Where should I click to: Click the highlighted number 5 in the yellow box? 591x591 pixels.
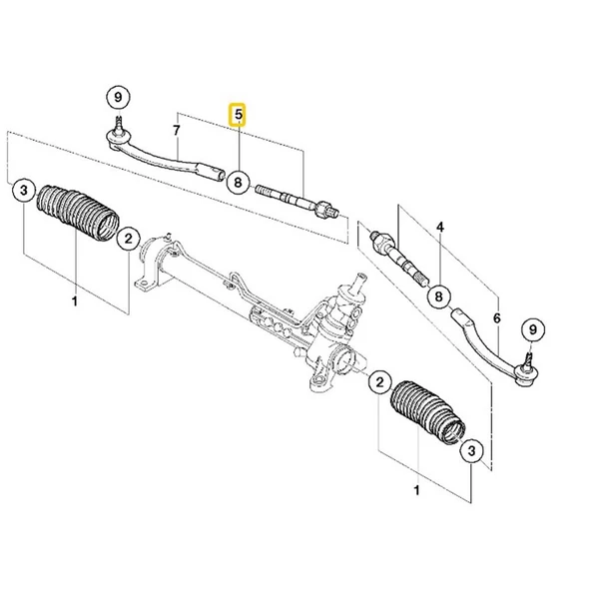[x=238, y=116]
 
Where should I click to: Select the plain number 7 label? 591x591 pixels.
[x=176, y=130]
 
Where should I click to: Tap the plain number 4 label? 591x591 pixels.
[x=438, y=227]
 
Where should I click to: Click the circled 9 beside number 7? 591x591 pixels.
[x=118, y=97]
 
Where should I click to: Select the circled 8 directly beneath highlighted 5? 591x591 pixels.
[x=238, y=182]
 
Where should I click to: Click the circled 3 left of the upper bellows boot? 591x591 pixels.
[x=22, y=193]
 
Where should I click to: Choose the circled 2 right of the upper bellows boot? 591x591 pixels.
[x=127, y=239]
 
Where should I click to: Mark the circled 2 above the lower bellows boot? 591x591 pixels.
[x=379, y=382]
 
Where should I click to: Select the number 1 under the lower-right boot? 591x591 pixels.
[x=416, y=490]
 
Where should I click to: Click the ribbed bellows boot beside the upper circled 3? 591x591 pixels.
[x=76, y=215]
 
